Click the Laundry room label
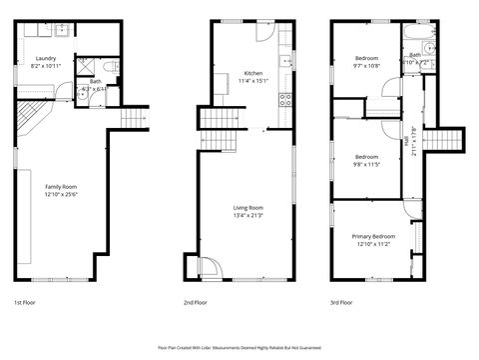coord(46,59)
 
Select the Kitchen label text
coord(253,73)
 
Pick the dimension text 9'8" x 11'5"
coord(366,165)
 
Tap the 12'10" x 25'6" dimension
coord(61,193)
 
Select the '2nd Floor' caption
coord(195,301)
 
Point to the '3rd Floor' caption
coord(342,301)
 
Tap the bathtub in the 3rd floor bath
coord(420,46)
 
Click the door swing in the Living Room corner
coord(210,268)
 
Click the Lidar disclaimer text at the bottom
coord(239,347)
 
